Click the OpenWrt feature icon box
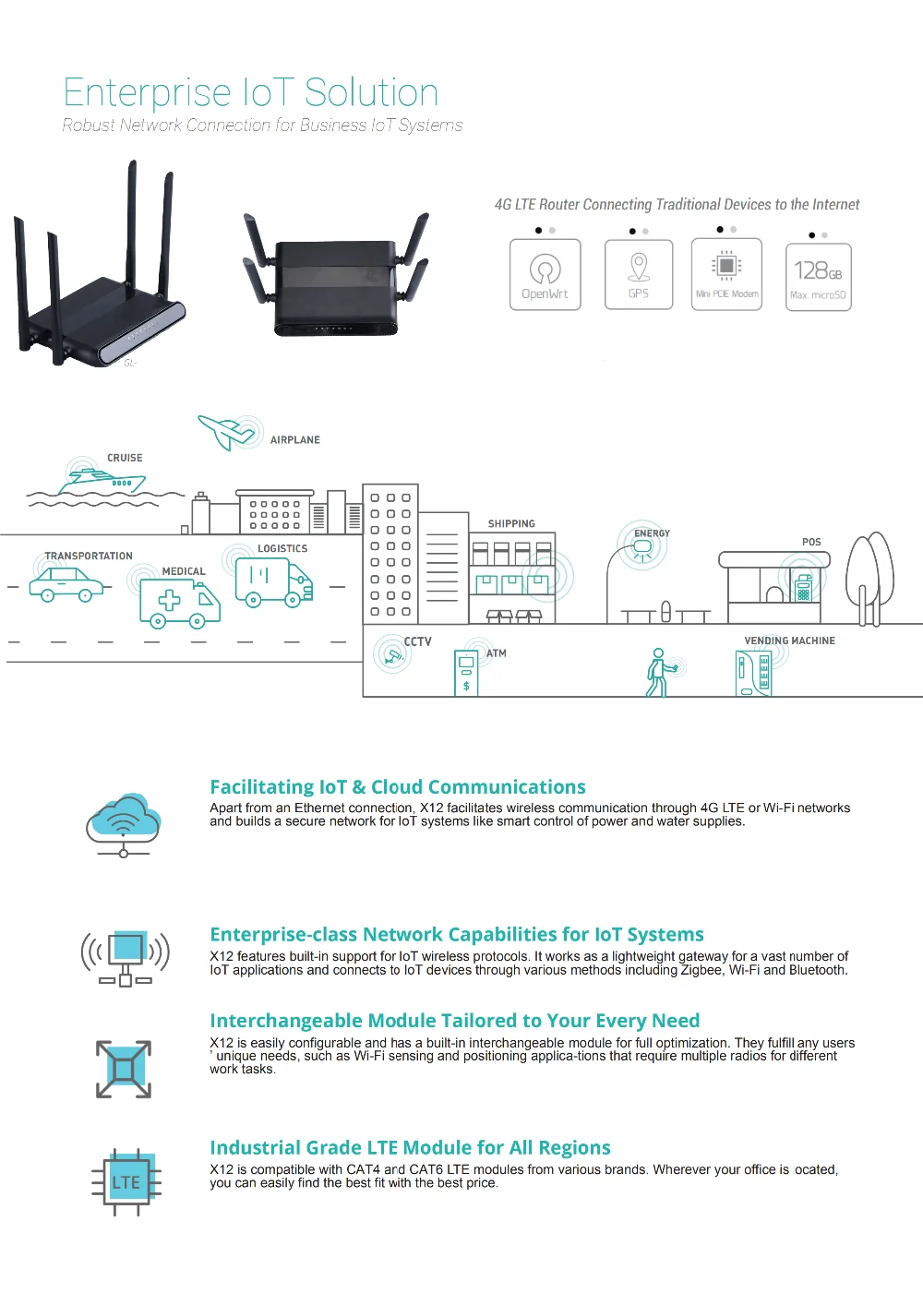545,274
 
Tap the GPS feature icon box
638,274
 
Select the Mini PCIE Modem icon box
726,274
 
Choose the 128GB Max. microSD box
818,277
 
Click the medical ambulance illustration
180,604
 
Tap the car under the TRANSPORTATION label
66,584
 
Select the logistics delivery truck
274,584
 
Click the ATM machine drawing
466,673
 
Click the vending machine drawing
753,673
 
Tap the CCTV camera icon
393,655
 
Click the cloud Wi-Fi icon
124,821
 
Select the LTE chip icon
126,1182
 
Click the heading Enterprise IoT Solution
251,93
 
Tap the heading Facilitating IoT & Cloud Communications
397,787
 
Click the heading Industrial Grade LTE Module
410,1148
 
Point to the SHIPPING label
511,524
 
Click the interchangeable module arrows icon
124,1069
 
